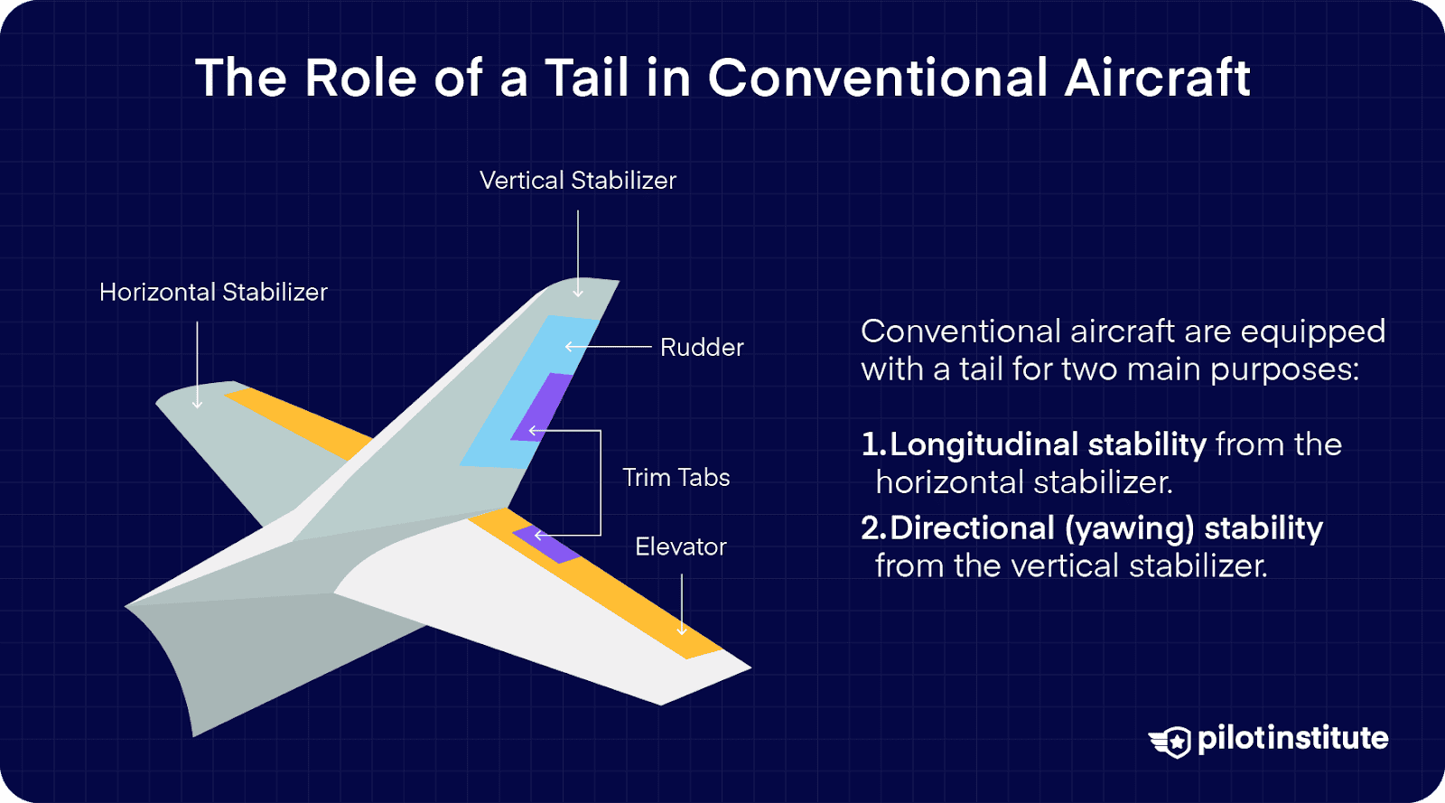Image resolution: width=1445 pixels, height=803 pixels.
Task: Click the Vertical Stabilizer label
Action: pos(577,181)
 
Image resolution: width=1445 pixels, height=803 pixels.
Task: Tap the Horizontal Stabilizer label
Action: pos(213,293)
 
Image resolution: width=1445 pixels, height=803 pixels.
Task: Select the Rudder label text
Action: pos(702,348)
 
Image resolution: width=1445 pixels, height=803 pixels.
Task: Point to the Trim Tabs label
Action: pos(676,478)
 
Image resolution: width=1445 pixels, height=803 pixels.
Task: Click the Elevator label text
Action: pos(681,547)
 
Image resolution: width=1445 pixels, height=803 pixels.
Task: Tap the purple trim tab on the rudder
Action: pos(543,406)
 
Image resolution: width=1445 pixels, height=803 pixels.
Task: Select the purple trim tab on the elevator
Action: pos(547,544)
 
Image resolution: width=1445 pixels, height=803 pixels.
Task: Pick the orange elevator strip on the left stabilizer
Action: pos(298,420)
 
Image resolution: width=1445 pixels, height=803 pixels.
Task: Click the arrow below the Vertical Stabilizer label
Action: pos(578,253)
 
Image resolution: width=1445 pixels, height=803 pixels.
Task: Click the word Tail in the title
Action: pos(587,78)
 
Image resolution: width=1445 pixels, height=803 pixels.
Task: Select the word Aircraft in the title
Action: pos(1157,78)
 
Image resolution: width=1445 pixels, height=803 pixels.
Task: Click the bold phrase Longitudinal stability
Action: pos(1048,444)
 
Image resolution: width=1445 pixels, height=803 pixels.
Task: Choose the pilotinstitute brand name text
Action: pos(1292,739)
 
